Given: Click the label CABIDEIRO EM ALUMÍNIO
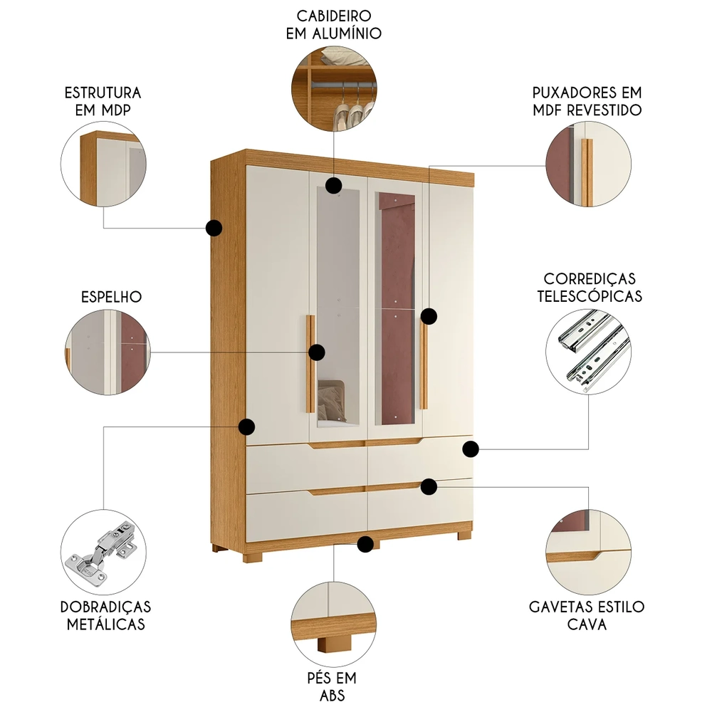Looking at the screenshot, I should [333, 24].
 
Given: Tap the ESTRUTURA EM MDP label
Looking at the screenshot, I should [103, 101].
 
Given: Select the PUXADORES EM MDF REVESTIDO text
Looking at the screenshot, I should [587, 101].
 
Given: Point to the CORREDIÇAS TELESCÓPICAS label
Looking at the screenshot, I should [589, 287].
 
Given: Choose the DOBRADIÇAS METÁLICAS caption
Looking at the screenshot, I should [106, 615].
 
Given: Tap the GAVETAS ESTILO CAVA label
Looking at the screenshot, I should [587, 615].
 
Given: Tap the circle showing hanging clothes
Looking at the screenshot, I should [333, 89].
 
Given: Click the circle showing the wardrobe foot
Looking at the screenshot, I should [333, 622].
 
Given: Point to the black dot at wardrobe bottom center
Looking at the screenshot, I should [366, 545].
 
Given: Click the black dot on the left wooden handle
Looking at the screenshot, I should [317, 352].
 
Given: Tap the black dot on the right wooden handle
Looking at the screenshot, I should [429, 315].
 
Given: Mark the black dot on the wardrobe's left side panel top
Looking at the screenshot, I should [214, 228].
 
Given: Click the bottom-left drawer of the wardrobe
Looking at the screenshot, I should [306, 513].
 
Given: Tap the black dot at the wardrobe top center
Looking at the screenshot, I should [333, 186].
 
